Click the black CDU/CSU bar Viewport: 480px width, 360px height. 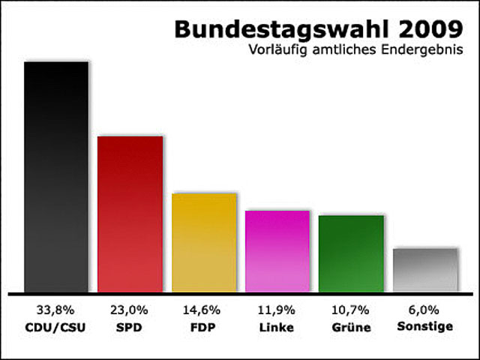[x=56, y=177]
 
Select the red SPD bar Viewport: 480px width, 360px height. [x=130, y=214]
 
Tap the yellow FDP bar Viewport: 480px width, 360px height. [x=204, y=243]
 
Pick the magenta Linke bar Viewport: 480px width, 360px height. [x=277, y=251]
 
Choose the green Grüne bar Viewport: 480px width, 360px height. [x=351, y=253]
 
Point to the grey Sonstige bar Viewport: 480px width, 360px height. [x=425, y=269]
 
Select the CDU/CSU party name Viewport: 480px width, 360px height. [x=56, y=327]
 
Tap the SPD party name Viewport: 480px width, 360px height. [x=130, y=327]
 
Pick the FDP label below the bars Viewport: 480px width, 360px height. [x=204, y=327]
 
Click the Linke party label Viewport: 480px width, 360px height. [x=277, y=327]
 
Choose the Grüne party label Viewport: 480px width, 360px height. [x=351, y=327]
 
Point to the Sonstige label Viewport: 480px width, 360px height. [x=425, y=327]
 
